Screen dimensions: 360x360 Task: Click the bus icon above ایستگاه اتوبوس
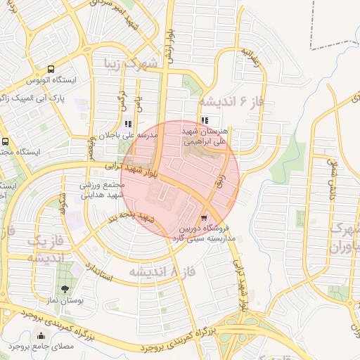pos(51,70)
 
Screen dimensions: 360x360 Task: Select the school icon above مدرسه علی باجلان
pos(127,124)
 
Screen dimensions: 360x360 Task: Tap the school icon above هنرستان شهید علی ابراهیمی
pos(205,121)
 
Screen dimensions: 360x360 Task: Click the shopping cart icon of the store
pos(204,218)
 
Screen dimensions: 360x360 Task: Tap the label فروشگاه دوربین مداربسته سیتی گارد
pos(204,233)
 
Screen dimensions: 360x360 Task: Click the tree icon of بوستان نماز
pos(65,288)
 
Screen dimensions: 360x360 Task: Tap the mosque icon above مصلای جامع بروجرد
pos(40,335)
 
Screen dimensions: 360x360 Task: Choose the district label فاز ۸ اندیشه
pos(153,271)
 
